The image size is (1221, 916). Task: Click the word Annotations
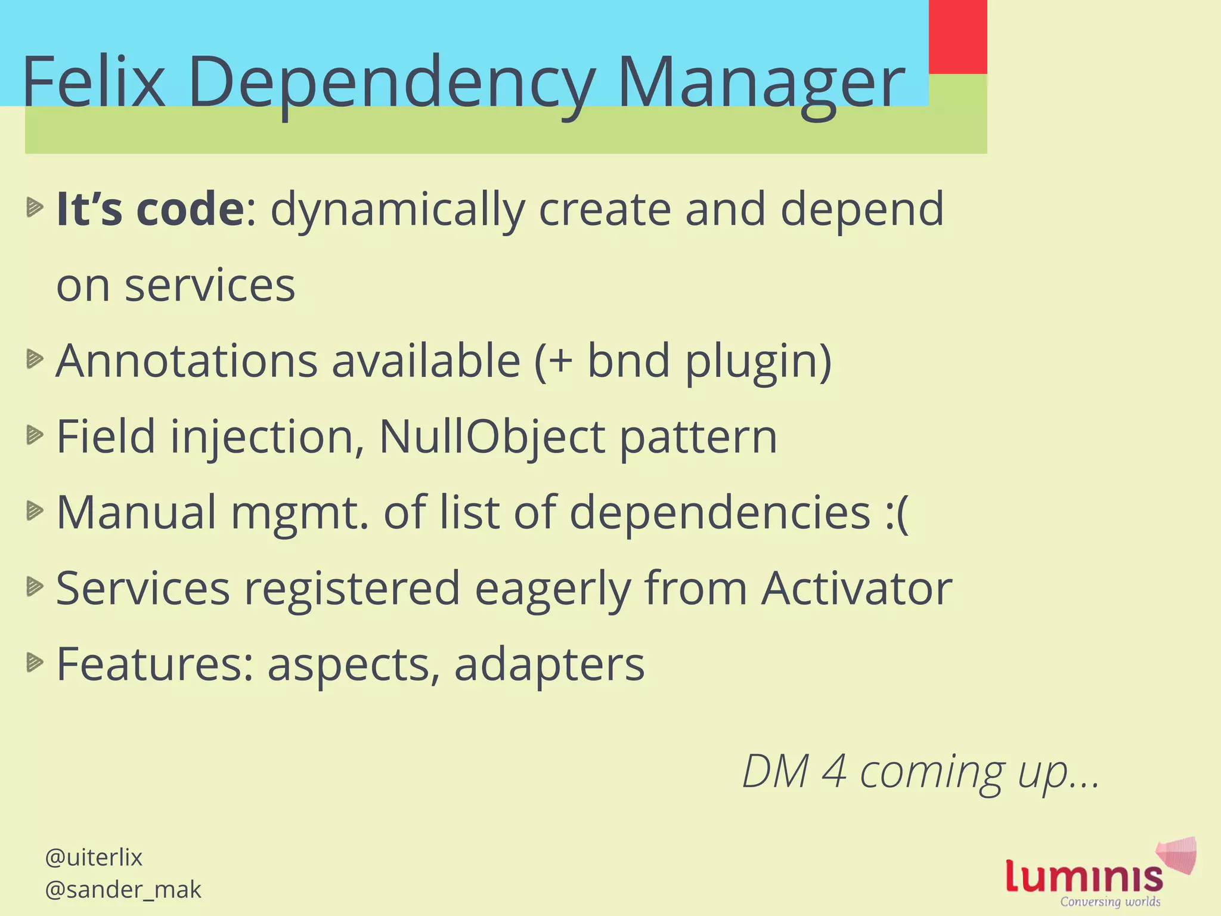pyautogui.click(x=187, y=361)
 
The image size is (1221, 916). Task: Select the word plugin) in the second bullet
pyautogui.click(x=758, y=362)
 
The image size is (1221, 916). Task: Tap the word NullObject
pyautogui.click(x=491, y=437)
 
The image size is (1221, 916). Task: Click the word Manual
pyautogui.click(x=137, y=512)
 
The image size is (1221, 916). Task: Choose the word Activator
pyautogui.click(x=857, y=589)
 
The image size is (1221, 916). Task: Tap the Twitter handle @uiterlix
pyautogui.click(x=94, y=858)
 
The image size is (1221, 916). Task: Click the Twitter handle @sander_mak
pyautogui.click(x=123, y=889)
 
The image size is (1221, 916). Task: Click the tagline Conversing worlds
pyautogui.click(x=1110, y=902)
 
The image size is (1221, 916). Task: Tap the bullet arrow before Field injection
pyautogui.click(x=35, y=435)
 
